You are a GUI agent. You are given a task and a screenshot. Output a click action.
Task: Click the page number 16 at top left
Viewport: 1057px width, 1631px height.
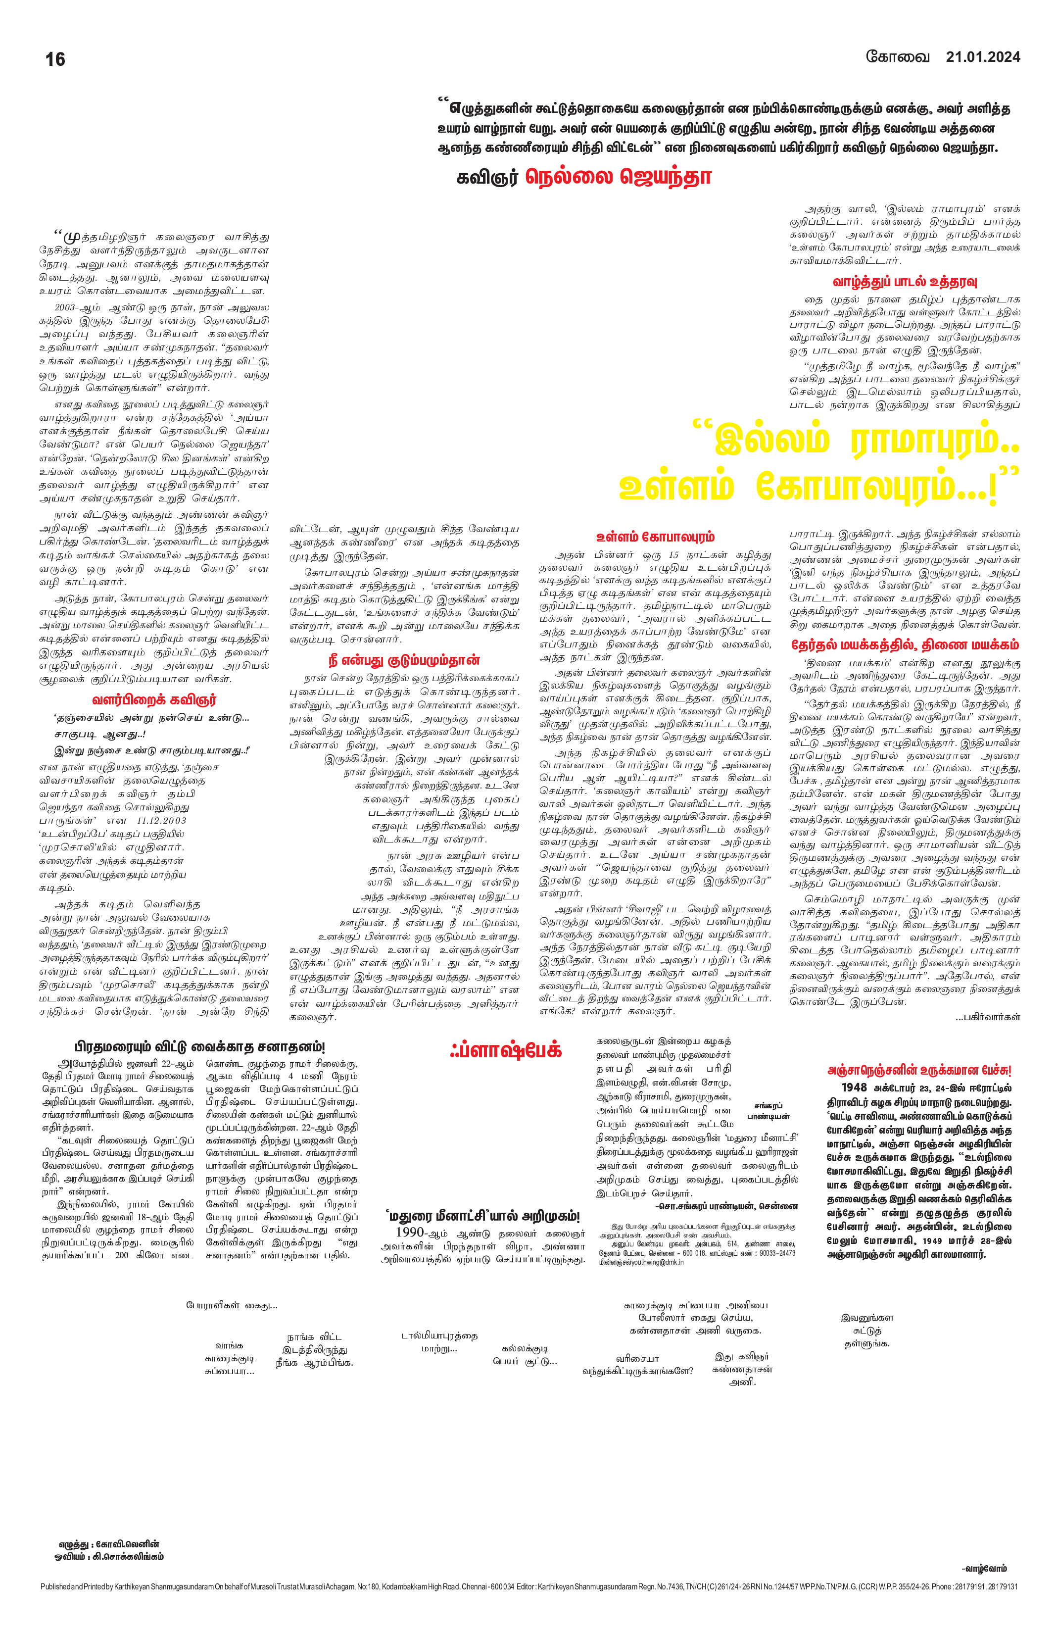click(x=55, y=59)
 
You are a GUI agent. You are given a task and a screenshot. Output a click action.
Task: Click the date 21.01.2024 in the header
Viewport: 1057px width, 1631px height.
click(x=983, y=57)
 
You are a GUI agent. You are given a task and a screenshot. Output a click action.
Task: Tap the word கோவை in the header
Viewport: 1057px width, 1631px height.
click(x=898, y=56)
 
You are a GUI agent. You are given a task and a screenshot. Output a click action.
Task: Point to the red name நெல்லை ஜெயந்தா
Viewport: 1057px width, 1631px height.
click(x=619, y=178)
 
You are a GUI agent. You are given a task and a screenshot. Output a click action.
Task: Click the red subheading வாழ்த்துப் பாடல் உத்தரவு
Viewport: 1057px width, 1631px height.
click(x=904, y=282)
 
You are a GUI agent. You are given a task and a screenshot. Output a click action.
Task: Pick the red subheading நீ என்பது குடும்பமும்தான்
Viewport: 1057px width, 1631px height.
click(x=403, y=660)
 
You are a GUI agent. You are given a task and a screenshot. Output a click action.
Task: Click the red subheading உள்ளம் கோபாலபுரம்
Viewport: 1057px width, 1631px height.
click(x=656, y=537)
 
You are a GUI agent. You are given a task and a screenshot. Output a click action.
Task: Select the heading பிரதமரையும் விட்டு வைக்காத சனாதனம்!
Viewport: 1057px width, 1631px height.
click(x=199, y=1048)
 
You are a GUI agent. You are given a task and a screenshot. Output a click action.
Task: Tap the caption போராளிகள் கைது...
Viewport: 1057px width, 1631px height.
click(x=231, y=1305)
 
